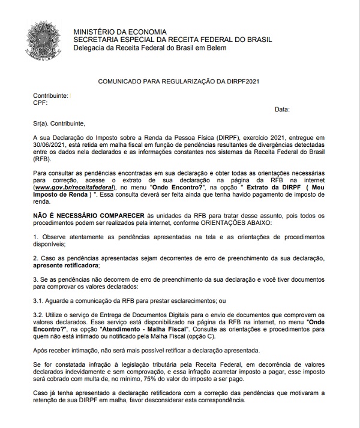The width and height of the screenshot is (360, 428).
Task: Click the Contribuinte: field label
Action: [50, 95]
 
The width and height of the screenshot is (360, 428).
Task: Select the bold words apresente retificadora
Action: [67, 265]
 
